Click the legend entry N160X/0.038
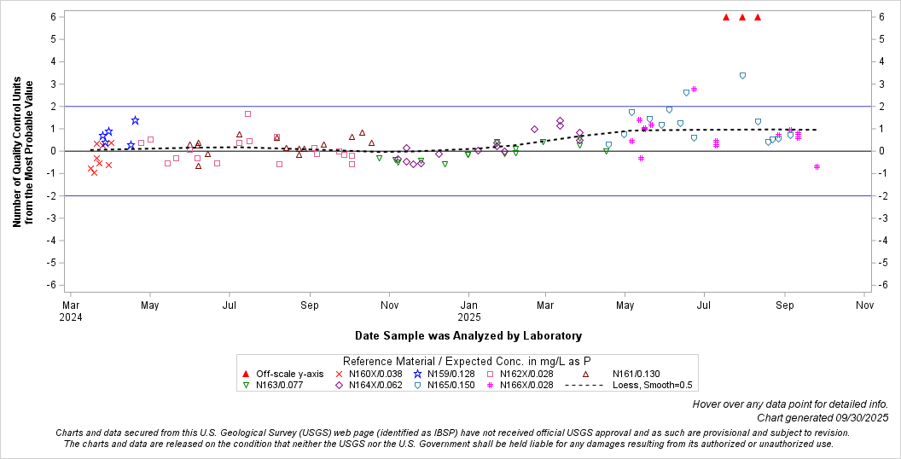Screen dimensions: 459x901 (372, 374)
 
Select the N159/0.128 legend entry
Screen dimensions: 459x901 (450, 374)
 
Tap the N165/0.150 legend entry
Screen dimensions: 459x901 (450, 385)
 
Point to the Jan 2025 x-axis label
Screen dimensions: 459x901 (468, 310)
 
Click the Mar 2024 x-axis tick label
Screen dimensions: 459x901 (71, 310)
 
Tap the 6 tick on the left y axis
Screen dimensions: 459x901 (53, 17)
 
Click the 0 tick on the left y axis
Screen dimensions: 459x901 (53, 151)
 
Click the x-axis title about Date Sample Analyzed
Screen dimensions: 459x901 (468, 336)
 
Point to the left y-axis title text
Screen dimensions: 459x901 (23, 154)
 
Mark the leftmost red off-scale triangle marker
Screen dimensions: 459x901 (725, 17)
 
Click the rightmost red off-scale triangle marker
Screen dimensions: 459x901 (758, 17)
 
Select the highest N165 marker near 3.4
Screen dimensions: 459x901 (742, 75)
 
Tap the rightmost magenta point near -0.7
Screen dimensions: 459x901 (817, 166)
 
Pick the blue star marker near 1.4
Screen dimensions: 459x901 (135, 120)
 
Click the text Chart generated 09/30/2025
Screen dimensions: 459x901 (822, 417)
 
